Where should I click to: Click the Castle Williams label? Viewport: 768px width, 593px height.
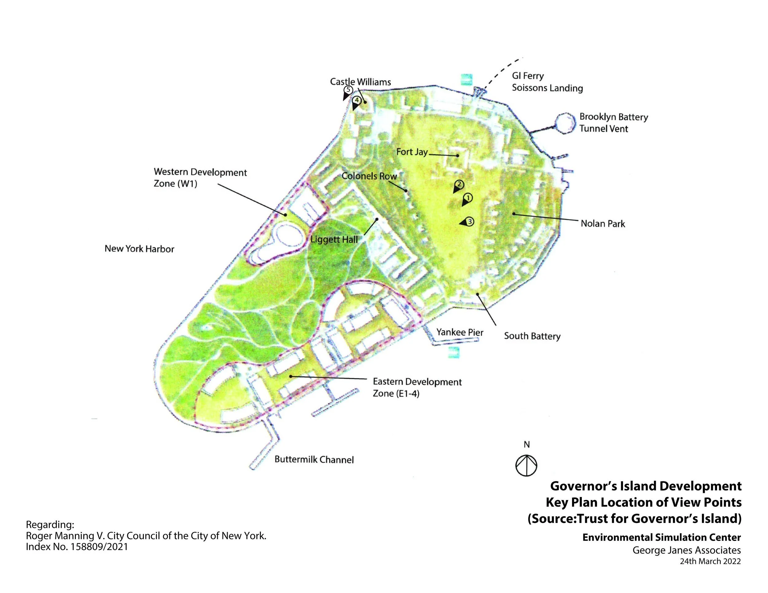tap(360, 82)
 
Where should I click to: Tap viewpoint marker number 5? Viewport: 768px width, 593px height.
tap(348, 90)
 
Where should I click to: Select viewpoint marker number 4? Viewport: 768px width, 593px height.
tap(357, 100)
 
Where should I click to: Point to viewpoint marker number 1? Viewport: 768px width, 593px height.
tap(468, 198)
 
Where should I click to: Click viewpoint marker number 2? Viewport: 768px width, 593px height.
tap(459, 184)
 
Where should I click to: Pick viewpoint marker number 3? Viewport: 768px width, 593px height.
tap(469, 222)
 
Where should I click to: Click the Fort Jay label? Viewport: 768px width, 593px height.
tap(412, 152)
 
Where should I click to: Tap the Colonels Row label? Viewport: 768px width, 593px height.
tap(369, 176)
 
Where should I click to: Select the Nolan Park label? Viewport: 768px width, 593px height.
tap(603, 224)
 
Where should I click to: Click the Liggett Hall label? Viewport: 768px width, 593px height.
tap(334, 240)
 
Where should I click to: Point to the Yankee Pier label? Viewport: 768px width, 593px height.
tap(460, 332)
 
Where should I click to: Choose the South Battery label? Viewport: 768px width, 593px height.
tap(532, 336)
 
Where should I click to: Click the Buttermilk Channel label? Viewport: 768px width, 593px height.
tap(314, 459)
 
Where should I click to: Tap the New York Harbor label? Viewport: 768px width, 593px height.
tap(139, 249)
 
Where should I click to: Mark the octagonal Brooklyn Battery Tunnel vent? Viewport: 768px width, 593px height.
tap(565, 123)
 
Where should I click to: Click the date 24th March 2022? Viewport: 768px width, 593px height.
tap(710, 561)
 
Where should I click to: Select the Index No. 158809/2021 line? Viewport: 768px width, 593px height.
tap(77, 547)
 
